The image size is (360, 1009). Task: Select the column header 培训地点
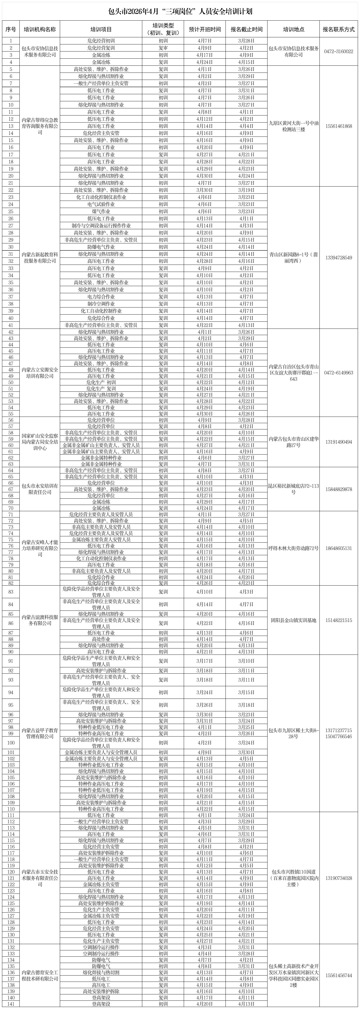(x=293, y=29)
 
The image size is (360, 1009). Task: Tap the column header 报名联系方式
(x=338, y=29)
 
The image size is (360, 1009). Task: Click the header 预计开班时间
(x=204, y=29)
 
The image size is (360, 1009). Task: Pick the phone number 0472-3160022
(x=338, y=51)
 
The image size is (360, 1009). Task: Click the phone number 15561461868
(x=338, y=126)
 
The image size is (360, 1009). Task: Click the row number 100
(x=11, y=743)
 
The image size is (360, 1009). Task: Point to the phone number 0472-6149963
(x=338, y=373)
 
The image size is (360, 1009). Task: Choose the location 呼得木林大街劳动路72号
(x=293, y=548)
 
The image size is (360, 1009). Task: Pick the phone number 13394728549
(x=338, y=257)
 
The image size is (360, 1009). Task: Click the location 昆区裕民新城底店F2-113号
(x=293, y=489)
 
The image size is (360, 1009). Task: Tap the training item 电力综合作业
(x=101, y=297)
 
